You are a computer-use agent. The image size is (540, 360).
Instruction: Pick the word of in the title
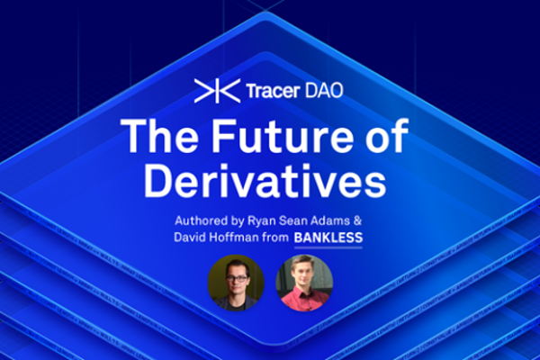(x=380, y=138)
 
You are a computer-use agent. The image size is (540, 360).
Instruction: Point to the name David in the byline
(x=196, y=239)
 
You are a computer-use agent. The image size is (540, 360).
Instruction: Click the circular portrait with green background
(x=236, y=283)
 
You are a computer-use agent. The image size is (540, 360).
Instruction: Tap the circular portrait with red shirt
(x=304, y=283)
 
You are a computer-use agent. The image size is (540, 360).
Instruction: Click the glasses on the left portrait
(x=237, y=276)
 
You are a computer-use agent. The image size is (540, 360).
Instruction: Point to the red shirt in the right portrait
(x=304, y=302)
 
